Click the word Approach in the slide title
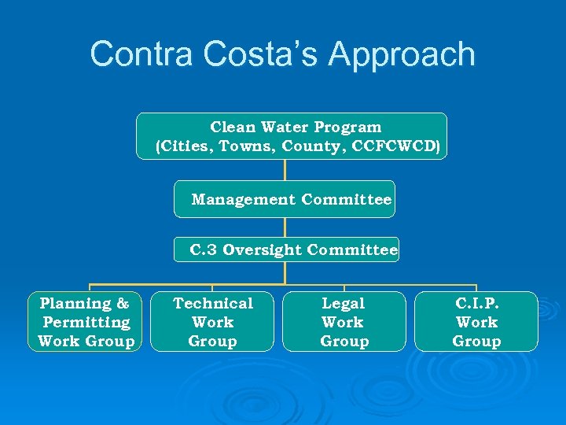(402, 55)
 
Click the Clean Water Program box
(292, 136)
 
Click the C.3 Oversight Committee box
(287, 250)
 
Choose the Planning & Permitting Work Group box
(86, 322)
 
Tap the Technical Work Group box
(212, 322)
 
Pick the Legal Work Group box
(344, 322)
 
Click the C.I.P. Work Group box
(476, 322)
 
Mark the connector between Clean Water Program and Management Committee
(285, 171)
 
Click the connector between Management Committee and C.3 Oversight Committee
(285, 227)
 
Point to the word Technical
(213, 303)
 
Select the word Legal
(344, 303)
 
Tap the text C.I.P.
(476, 303)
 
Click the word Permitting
(86, 323)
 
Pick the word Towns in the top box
(246, 146)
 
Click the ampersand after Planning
(123, 303)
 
